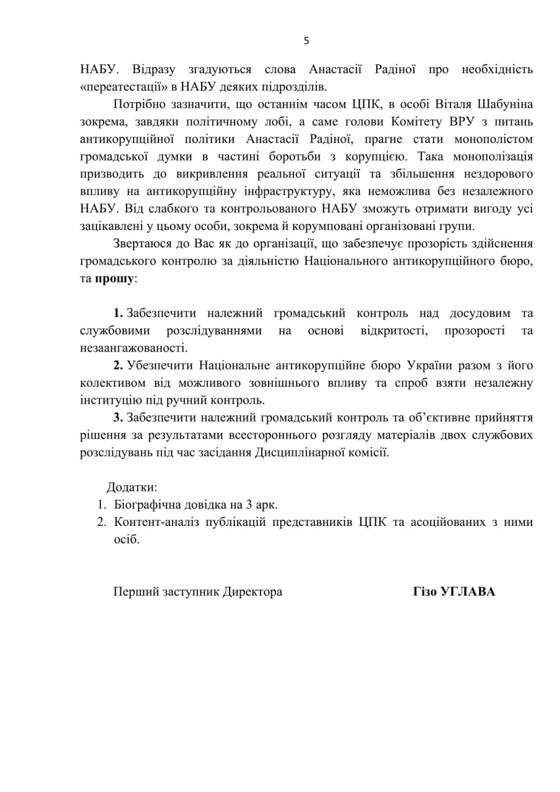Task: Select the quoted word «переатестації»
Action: point(126,86)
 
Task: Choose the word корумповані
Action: point(337,226)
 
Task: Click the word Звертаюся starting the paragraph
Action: point(143,243)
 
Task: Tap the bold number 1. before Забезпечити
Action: point(119,314)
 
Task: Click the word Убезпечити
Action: point(160,366)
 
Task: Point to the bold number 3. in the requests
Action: point(119,418)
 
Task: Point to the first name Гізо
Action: point(424,592)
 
